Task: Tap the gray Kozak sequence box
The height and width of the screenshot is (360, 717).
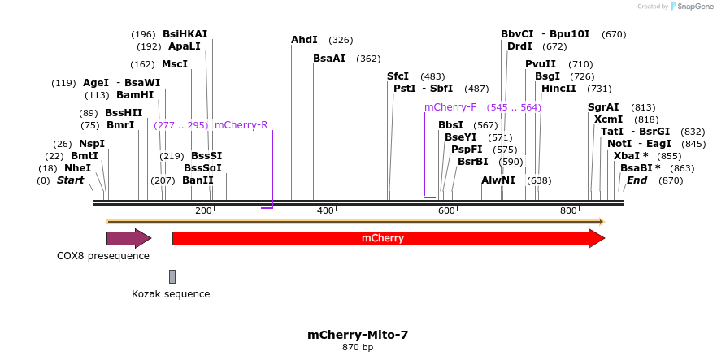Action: (172, 277)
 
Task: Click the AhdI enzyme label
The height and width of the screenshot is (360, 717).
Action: (304, 40)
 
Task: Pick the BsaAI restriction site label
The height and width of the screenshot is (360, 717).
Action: (329, 59)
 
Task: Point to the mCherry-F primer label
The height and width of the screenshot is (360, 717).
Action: (450, 107)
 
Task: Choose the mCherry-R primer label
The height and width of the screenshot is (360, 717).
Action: (241, 125)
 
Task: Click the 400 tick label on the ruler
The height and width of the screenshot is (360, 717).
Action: (325, 211)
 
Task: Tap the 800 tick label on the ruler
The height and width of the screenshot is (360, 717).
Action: (568, 211)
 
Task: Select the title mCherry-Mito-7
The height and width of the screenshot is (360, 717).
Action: (358, 335)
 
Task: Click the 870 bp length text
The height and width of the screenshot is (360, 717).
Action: (358, 348)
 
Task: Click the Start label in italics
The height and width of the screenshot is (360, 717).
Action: (70, 180)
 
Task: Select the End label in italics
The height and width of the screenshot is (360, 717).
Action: (637, 180)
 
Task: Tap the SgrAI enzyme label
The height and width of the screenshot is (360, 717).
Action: (603, 107)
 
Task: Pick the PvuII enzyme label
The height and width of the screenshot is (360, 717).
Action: (541, 64)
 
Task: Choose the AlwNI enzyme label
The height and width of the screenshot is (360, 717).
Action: (498, 180)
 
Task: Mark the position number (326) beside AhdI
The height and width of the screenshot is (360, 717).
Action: (341, 40)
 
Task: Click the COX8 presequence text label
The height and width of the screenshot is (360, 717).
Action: (103, 256)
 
